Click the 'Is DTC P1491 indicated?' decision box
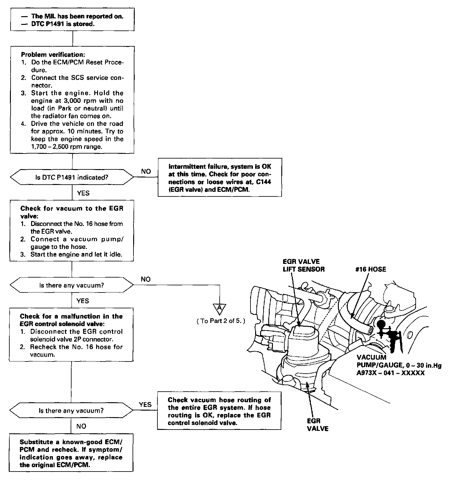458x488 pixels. click(x=72, y=177)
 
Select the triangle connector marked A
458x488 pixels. click(x=220, y=308)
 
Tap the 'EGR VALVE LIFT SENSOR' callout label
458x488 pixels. click(x=303, y=265)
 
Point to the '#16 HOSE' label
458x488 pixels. click(x=370, y=269)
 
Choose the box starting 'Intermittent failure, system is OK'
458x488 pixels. click(x=220, y=178)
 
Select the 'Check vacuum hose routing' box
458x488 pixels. click(x=219, y=411)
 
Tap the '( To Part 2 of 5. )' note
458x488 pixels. click(x=221, y=321)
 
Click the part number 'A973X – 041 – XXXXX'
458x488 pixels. click(x=390, y=373)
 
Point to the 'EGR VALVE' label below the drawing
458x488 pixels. click(x=317, y=425)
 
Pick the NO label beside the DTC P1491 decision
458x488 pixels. click(x=146, y=172)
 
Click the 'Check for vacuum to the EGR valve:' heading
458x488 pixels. click(x=72, y=212)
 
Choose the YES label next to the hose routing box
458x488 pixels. click(x=145, y=404)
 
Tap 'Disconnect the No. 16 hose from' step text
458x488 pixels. click(x=77, y=224)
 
